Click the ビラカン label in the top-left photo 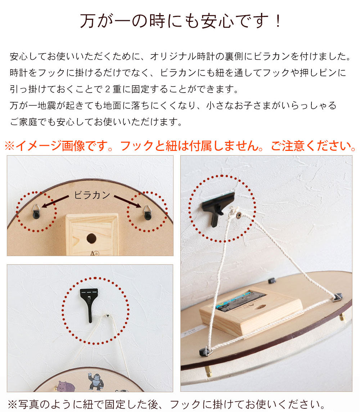pos(92,195)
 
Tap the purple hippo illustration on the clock pos(65,387)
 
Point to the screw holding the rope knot pos(238,216)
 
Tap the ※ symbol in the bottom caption pos(13,404)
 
